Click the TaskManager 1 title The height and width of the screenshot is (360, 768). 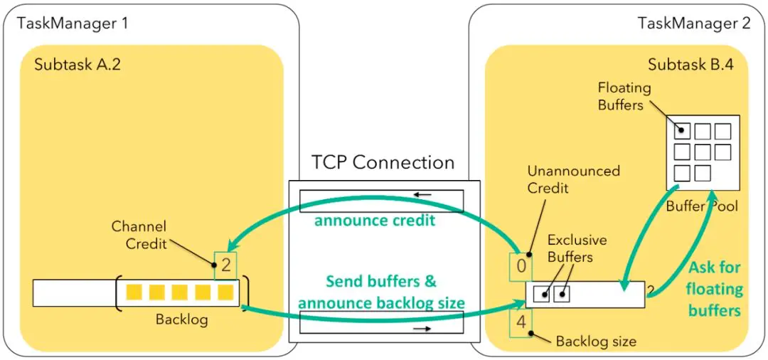pos(73,23)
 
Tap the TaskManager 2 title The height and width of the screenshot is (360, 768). pos(694,23)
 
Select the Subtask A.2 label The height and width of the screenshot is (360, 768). pos(78,65)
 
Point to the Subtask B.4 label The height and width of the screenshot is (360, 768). pos(690,65)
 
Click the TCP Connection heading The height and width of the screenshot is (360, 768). pos(383,162)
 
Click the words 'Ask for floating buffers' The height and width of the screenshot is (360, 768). pos(715,289)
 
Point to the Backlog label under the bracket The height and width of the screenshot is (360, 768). pos(182,319)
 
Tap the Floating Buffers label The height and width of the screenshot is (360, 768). pos(624,96)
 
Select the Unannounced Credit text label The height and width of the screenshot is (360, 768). pos(573,179)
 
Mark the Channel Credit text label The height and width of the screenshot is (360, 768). pos(139,235)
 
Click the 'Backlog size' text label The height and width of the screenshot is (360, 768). pos(596,342)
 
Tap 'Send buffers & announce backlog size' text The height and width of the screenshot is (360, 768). pos(381,292)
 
